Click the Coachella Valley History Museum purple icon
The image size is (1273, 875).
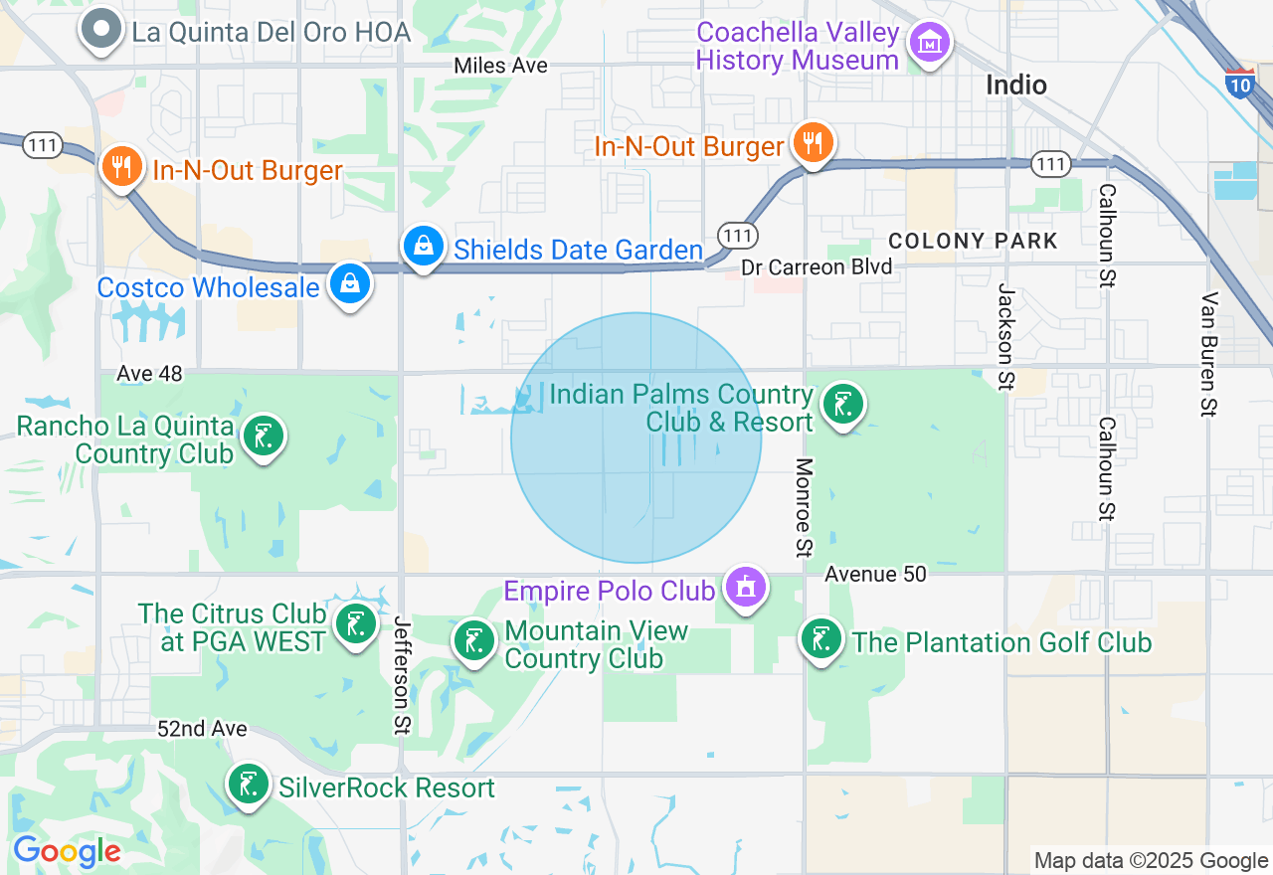[x=930, y=43]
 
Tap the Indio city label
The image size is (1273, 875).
[x=1015, y=86]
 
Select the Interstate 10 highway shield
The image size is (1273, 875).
[x=1239, y=83]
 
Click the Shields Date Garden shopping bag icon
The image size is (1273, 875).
[x=424, y=245]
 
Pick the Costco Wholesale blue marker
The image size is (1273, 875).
[x=350, y=283]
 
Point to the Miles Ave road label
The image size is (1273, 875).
[x=500, y=66]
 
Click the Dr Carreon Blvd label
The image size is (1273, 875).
[x=817, y=266]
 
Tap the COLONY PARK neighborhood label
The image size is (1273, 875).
[x=973, y=241]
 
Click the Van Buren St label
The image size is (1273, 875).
[x=1209, y=353]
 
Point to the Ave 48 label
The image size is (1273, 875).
[x=150, y=373]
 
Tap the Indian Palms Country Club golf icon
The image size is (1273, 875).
[x=843, y=404]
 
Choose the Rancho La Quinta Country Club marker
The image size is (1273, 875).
[x=264, y=436]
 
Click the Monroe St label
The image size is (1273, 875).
[x=805, y=507]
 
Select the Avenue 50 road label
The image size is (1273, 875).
[x=875, y=574]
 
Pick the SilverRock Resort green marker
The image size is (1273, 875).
[x=248, y=784]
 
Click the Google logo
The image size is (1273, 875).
[x=67, y=851]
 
